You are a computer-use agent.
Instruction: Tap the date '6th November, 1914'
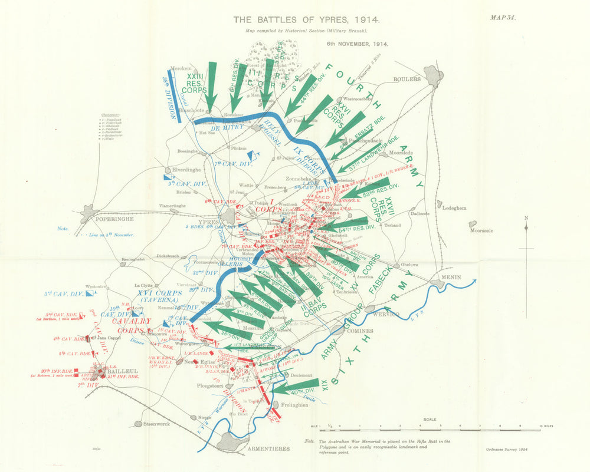(x=358, y=44)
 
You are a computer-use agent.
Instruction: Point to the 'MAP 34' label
(x=503, y=17)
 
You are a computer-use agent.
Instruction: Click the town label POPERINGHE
(x=116, y=218)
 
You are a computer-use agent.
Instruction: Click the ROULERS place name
(x=408, y=78)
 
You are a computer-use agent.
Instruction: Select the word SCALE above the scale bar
(x=430, y=420)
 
